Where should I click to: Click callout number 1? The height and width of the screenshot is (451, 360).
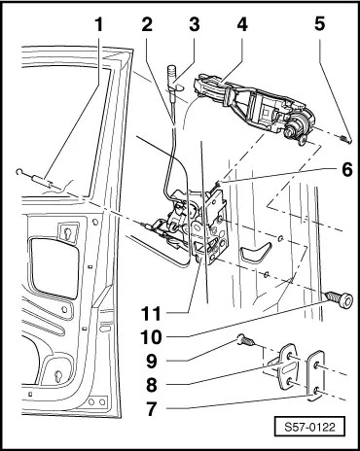point(99,25)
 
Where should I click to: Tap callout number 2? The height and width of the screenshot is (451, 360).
point(147,25)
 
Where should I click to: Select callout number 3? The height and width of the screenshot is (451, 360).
point(195,25)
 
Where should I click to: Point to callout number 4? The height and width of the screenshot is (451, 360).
point(242,25)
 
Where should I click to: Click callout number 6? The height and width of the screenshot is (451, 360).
point(346,169)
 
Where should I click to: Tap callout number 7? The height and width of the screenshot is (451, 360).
point(152,408)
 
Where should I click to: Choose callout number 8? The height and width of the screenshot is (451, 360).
point(152,385)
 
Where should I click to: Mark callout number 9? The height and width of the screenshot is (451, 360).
point(152,361)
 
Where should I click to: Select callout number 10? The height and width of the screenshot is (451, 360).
point(151,337)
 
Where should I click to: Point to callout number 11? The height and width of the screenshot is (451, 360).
point(151,313)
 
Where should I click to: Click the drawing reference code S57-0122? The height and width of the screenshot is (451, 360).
point(309,428)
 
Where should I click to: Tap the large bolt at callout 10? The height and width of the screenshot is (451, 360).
point(339,299)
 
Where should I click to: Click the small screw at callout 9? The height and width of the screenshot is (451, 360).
point(246,340)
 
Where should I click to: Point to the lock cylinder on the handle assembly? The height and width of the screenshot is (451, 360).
point(296,127)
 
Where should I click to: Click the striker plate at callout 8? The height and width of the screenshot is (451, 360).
point(288,367)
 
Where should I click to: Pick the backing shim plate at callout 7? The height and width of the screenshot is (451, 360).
point(315,375)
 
